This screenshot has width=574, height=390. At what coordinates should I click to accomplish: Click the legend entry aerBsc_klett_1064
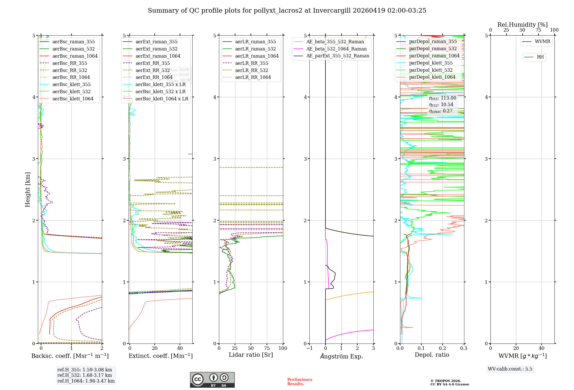point(73,99)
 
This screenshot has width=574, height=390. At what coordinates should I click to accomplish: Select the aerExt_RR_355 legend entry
point(153,63)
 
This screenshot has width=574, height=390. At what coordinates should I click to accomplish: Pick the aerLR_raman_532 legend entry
point(255,49)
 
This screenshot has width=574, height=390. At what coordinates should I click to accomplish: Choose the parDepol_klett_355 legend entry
point(431,63)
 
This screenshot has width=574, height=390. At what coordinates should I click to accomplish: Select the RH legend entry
point(540,57)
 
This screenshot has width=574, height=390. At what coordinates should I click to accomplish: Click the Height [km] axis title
point(28,189)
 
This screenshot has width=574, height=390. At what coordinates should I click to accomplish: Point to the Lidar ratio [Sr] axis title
point(251,355)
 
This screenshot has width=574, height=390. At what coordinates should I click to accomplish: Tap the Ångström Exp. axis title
point(342,356)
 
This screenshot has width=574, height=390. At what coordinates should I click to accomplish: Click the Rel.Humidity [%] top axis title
point(522,25)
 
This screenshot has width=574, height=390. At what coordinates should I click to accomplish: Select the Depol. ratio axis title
point(432,355)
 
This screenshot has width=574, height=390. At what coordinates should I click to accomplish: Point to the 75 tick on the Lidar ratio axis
point(267,348)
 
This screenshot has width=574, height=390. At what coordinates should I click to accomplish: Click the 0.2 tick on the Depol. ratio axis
point(443,348)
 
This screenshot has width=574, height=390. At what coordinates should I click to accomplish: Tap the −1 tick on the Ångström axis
point(309,348)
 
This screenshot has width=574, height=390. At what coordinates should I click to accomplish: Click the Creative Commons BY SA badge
point(212,380)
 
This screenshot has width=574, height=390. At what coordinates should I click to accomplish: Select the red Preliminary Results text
point(300,382)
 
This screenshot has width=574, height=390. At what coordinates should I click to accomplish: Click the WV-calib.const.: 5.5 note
point(510,369)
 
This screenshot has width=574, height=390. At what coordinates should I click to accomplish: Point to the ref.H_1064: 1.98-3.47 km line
point(86,381)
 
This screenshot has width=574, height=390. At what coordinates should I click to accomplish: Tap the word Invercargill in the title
point(331,11)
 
